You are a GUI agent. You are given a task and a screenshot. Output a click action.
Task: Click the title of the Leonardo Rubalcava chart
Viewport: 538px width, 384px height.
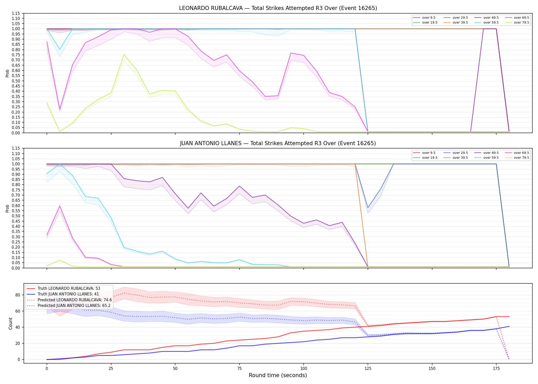coord(278,8)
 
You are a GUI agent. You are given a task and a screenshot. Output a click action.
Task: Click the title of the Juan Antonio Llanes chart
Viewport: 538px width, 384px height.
coord(278,143)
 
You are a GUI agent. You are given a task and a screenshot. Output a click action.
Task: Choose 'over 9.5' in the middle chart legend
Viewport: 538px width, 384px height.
coord(429,153)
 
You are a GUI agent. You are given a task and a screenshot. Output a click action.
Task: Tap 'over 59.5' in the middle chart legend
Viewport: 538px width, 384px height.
coord(491,158)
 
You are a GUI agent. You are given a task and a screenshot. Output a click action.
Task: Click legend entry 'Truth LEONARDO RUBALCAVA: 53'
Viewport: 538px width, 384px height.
coord(69,289)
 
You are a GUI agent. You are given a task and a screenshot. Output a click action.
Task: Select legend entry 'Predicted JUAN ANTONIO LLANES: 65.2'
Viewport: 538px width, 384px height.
coord(74,306)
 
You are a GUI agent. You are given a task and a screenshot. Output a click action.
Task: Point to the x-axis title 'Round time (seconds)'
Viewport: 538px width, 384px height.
coord(278,375)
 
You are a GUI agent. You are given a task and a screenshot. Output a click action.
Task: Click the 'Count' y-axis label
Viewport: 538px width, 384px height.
coord(11,323)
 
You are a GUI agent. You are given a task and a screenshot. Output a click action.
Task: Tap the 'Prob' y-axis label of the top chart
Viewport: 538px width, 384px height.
coord(7,73)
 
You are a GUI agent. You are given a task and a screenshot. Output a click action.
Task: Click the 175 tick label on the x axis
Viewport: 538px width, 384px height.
coord(496,369)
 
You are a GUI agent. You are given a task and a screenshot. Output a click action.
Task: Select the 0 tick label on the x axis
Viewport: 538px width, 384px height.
coord(47,369)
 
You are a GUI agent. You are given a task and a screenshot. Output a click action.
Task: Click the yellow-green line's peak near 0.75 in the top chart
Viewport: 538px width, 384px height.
coord(124,54)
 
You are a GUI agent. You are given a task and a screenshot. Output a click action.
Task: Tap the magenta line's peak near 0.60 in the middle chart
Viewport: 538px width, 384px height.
coord(60,206)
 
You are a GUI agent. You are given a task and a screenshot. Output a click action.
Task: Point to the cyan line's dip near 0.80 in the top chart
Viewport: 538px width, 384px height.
coord(60,49)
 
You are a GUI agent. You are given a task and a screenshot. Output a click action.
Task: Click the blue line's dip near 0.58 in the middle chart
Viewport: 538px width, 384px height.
coord(368,208)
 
